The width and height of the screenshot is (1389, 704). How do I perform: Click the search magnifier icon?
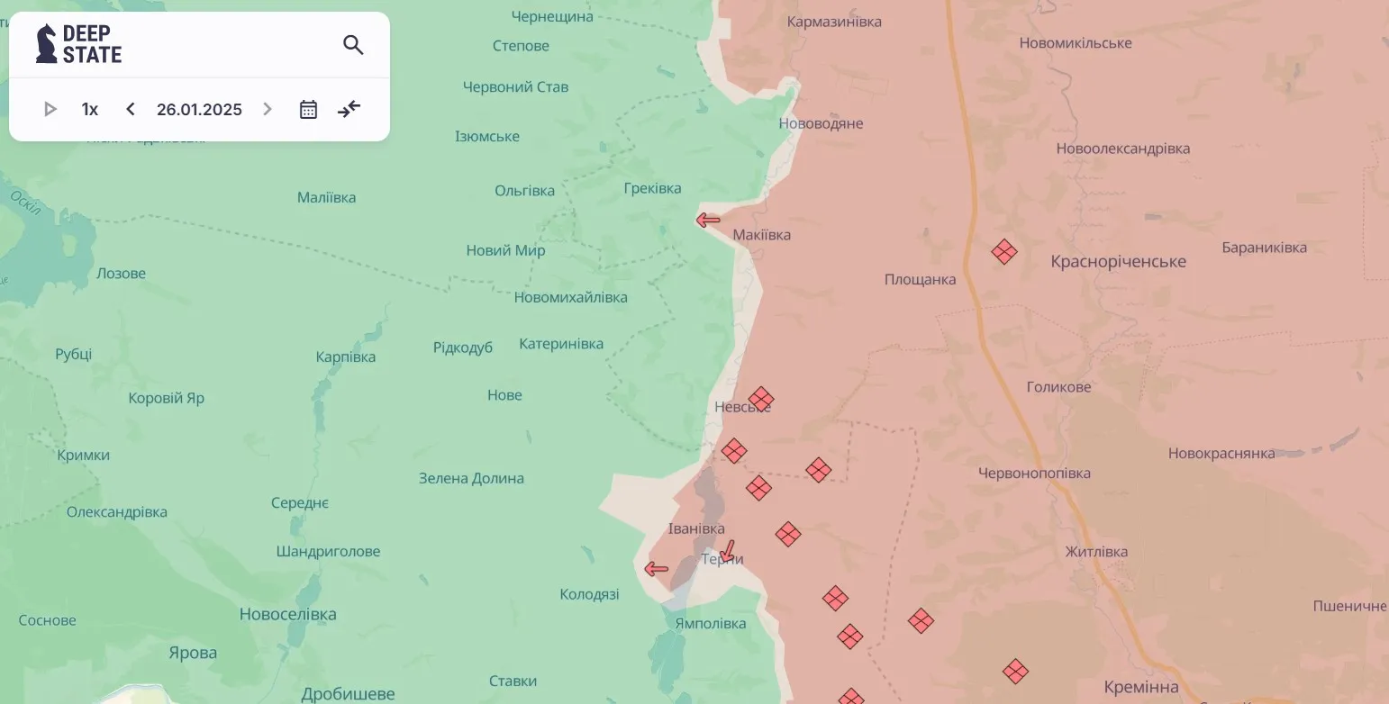pyautogui.click(x=353, y=45)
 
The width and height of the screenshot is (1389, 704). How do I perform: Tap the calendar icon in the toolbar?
pyautogui.click(x=308, y=110)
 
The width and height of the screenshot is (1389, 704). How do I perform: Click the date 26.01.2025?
pyautogui.click(x=199, y=110)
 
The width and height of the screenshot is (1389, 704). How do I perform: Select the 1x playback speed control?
pyautogui.click(x=90, y=110)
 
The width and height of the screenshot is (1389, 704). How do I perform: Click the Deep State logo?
pyautogui.click(x=79, y=44)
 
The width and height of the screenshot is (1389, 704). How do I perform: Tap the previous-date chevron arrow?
pyautogui.click(x=131, y=110)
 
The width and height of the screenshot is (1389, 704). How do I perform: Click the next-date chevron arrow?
pyautogui.click(x=267, y=110)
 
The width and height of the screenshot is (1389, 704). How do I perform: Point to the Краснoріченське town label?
pyautogui.click(x=1118, y=262)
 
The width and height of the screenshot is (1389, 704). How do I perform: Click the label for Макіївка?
pyautogui.click(x=762, y=235)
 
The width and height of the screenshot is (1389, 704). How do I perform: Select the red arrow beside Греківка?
pyautogui.click(x=708, y=221)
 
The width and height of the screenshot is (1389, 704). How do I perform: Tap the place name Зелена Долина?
pyautogui.click(x=471, y=479)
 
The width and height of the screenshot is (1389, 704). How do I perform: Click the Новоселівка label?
pyautogui.click(x=287, y=615)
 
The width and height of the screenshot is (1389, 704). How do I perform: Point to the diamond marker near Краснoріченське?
pyautogui.click(x=1004, y=252)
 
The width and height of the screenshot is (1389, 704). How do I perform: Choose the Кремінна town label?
pyautogui.click(x=1141, y=688)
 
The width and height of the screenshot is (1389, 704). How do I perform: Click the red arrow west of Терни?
pyautogui.click(x=656, y=569)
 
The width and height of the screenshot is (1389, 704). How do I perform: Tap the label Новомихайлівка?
pyautogui.click(x=571, y=298)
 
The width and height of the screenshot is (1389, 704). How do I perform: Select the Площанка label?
pyautogui.click(x=920, y=280)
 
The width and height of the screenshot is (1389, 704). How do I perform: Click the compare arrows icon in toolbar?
pyautogui.click(x=349, y=110)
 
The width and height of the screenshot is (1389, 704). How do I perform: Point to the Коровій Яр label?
pyautogui.click(x=167, y=398)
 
